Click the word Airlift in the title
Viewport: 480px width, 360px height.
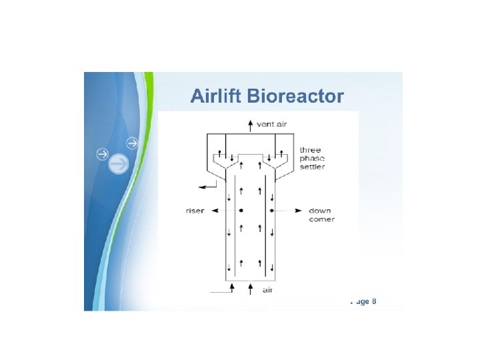pos(216,97)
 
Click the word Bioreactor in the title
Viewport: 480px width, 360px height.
pos(295,97)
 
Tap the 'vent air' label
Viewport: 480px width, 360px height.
pos(271,123)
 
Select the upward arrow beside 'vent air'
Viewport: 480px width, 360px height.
pos(250,123)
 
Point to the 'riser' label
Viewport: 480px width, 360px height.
pos(194,211)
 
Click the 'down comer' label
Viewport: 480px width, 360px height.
pos(321,215)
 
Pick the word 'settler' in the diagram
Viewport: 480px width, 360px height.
pos(312,167)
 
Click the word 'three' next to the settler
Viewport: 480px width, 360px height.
pos(310,150)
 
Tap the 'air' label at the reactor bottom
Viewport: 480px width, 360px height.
pos(267,289)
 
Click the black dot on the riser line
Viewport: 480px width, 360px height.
pos(241,211)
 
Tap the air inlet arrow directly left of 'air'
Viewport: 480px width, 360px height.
pos(250,287)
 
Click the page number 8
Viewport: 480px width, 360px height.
pos(374,301)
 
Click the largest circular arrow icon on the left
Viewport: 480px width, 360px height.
pos(119,163)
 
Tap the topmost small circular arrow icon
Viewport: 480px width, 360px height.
pos(132,143)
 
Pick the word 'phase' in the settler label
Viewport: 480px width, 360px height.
pos(311,158)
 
